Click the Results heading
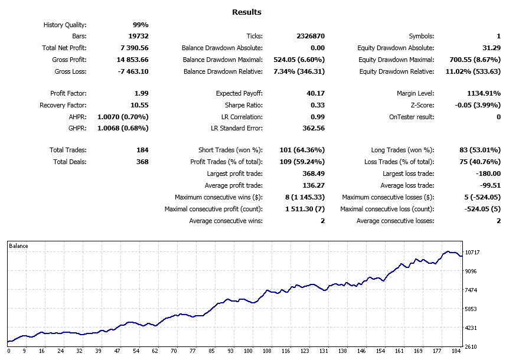[247, 12]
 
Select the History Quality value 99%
[141, 25]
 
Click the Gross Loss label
[70, 71]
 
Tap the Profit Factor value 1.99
[141, 93]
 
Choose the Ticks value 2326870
[311, 37]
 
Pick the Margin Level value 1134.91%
[479, 93]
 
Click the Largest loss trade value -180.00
[488, 174]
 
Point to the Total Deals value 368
[142, 162]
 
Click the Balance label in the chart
[18, 246]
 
